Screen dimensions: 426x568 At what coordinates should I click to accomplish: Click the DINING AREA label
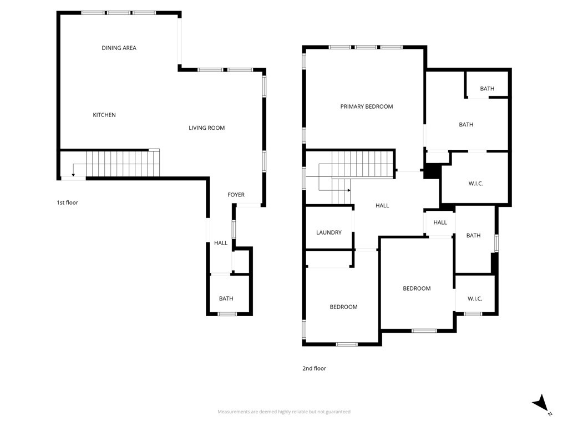point(119,48)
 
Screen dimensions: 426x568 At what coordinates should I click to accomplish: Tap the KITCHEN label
point(104,115)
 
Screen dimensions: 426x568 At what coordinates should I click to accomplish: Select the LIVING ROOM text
point(206,128)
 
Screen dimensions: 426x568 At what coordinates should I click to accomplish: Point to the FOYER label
point(236,195)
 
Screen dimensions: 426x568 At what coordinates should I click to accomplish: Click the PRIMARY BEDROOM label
point(366,106)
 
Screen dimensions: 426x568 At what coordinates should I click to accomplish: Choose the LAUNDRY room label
point(328,232)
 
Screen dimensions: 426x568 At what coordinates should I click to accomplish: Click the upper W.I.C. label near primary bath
point(475,184)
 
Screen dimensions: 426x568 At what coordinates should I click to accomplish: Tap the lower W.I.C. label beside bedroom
point(474,298)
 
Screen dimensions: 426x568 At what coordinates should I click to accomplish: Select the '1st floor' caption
point(67,202)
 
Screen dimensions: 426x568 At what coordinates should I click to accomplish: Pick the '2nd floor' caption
point(315,368)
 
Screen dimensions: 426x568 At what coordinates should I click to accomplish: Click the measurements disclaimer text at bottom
point(283,412)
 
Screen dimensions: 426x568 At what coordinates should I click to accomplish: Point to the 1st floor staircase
point(122,164)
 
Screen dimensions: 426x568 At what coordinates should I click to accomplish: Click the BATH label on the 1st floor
point(226,298)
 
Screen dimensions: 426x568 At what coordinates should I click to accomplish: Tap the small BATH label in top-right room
point(487,89)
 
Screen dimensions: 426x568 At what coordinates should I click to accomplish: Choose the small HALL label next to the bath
point(440,222)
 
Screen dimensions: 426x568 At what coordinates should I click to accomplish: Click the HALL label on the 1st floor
point(221,243)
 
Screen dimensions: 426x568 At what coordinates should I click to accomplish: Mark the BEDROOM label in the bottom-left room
point(343,307)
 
